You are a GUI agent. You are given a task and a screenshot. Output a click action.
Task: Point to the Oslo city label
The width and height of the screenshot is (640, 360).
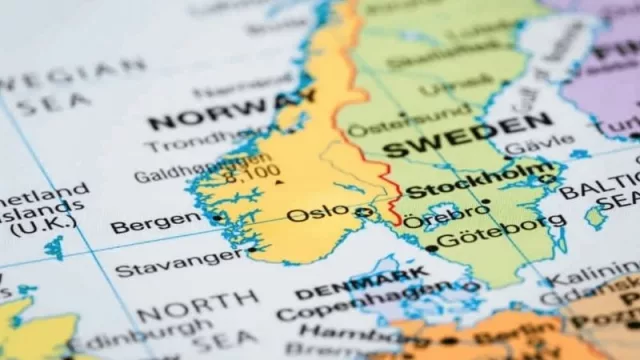(318, 213)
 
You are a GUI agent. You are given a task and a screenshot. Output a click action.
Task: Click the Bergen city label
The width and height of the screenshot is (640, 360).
(155, 222)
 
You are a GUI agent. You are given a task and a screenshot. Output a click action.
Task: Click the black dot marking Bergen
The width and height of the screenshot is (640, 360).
(217, 216)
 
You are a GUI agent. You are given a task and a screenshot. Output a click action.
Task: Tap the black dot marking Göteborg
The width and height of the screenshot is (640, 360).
(432, 247)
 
